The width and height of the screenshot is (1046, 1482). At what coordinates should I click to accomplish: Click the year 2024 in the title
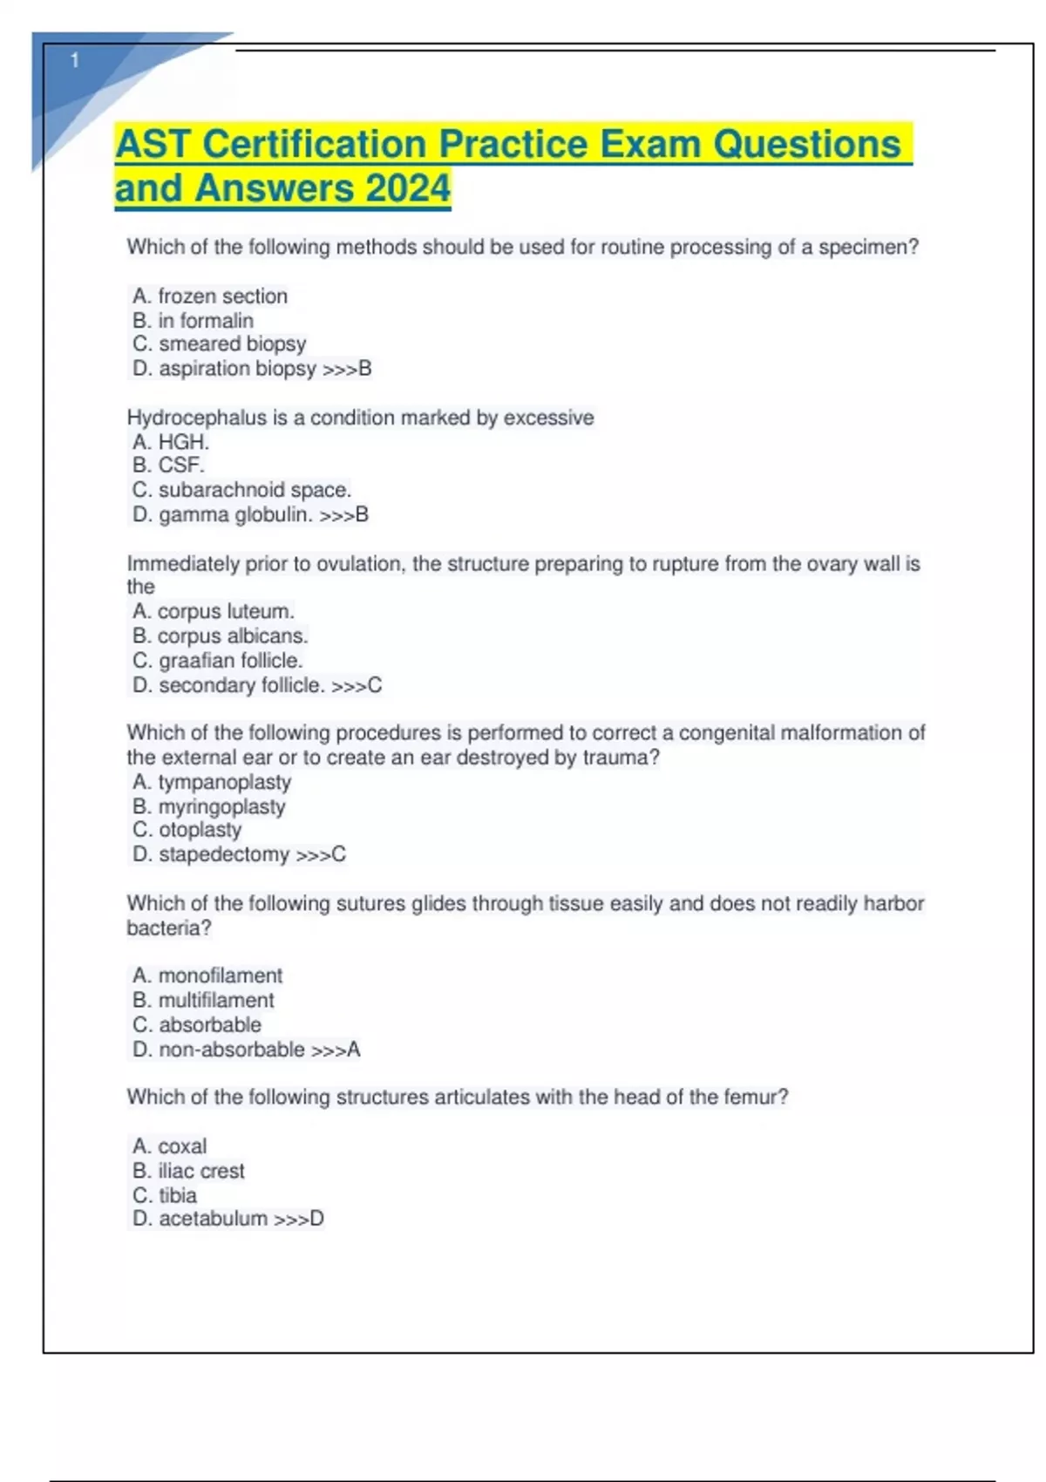[408, 188]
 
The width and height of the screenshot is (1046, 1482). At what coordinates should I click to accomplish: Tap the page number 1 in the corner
[75, 60]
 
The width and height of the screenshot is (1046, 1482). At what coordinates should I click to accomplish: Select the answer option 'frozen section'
[222, 296]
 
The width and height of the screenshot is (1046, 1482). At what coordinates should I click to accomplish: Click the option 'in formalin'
[206, 321]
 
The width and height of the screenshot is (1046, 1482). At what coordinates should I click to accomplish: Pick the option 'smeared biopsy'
[232, 344]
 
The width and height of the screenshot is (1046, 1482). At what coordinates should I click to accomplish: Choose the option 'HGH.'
[183, 442]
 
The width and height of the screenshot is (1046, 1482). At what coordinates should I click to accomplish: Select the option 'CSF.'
[180, 466]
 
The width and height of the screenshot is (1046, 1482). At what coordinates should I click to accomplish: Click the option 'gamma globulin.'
[235, 515]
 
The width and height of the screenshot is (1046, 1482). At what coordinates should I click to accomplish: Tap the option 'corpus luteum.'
[226, 611]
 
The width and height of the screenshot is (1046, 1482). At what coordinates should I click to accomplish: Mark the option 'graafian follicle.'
[230, 661]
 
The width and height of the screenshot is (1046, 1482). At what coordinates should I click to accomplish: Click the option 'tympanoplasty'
[224, 782]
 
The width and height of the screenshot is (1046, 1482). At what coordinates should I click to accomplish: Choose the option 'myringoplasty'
[221, 806]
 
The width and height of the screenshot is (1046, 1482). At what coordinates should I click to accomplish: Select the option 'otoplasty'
[200, 830]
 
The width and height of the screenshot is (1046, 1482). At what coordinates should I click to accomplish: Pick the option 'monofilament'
[221, 976]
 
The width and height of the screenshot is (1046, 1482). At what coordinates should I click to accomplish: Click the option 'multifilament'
[216, 1000]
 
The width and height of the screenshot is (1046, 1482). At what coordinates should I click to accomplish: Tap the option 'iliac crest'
[201, 1171]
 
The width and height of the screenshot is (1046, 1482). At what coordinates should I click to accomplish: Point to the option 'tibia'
[177, 1195]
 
